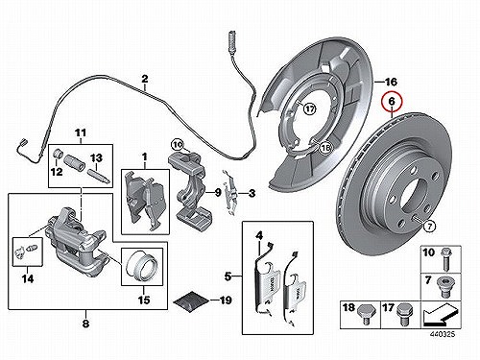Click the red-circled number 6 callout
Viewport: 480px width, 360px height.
[392, 102]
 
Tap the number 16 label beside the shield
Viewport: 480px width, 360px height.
[391, 83]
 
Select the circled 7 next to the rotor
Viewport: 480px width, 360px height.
[429, 227]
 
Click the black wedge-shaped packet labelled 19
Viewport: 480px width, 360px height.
[190, 300]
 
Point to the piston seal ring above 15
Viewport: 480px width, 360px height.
[141, 266]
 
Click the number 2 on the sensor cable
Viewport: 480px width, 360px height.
[145, 79]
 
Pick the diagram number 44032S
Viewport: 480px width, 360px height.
[442, 334]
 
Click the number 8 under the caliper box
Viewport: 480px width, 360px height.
[85, 324]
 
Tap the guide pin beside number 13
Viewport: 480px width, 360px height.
[99, 177]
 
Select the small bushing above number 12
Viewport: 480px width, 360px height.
[58, 153]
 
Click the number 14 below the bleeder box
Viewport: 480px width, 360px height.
[28, 279]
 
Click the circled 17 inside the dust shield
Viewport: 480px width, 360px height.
[309, 109]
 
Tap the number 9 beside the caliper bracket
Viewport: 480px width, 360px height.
[217, 193]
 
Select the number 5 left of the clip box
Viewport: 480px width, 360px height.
[228, 276]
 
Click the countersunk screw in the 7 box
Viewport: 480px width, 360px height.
[445, 286]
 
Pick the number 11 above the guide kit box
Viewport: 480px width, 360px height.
[81, 132]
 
